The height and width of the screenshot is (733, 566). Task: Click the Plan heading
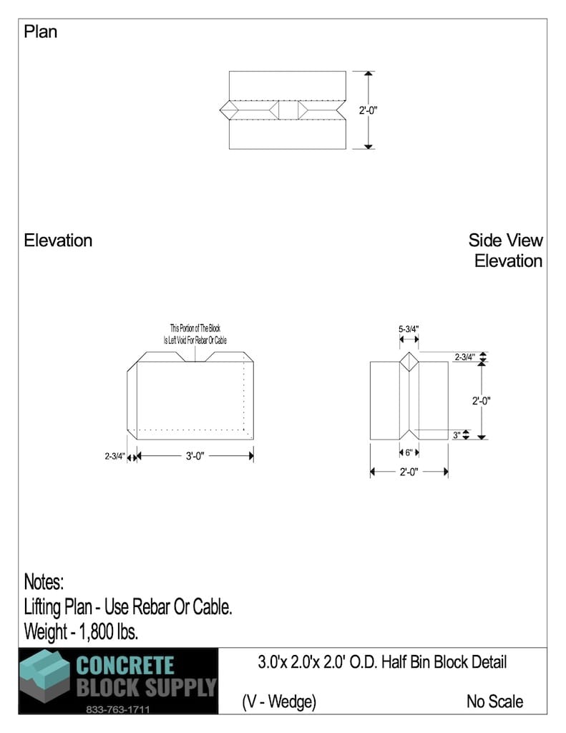tap(40, 32)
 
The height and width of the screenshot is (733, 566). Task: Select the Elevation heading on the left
tap(58, 241)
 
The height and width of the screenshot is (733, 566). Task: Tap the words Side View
tap(505, 241)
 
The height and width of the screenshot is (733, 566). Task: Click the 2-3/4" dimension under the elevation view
tap(114, 456)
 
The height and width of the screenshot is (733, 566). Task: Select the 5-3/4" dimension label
tap(409, 329)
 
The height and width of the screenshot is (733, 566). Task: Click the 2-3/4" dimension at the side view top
tap(464, 356)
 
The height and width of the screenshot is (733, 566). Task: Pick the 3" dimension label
tap(457, 435)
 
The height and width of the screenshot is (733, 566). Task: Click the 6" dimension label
tap(409, 452)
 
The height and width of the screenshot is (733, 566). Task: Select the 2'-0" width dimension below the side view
tap(409, 472)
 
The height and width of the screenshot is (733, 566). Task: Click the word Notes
tap(44, 581)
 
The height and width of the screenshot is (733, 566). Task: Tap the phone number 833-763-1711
tap(118, 710)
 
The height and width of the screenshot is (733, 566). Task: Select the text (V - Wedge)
tap(279, 702)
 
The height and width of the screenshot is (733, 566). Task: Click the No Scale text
tap(494, 702)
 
